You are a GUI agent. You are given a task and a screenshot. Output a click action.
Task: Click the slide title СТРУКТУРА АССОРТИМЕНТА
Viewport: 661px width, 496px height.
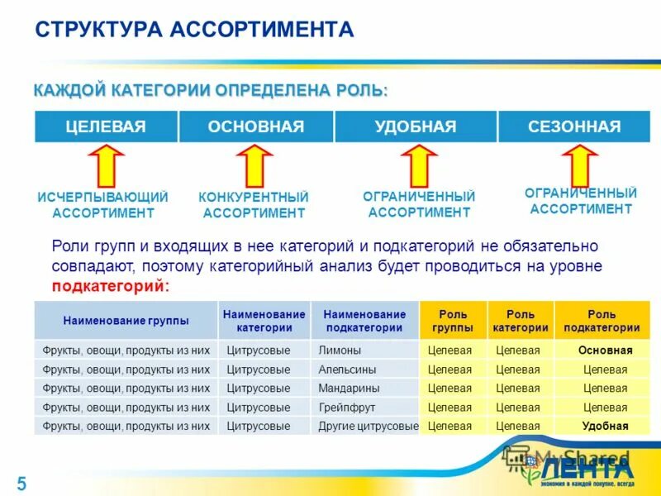click(194, 31)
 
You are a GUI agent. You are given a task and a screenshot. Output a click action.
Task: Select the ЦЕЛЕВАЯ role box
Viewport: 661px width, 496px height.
click(106, 126)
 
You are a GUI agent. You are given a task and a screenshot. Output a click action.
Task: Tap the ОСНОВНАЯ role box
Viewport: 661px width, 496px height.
click(256, 126)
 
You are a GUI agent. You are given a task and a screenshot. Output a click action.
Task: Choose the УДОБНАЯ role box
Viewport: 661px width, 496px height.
click(415, 126)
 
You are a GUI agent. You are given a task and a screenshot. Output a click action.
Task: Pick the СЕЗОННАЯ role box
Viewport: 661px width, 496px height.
click(574, 126)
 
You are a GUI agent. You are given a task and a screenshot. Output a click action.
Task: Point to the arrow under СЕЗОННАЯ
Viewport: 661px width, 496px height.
click(580, 164)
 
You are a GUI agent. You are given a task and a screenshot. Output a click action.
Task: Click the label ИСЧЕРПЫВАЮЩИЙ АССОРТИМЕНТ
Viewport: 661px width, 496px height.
click(103, 205)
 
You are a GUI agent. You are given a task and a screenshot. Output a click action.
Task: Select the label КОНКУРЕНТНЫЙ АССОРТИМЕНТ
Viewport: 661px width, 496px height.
click(254, 205)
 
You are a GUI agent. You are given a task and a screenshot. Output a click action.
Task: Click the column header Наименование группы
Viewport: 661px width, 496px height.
click(126, 320)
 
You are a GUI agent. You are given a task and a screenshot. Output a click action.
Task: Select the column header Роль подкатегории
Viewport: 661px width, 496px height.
click(602, 321)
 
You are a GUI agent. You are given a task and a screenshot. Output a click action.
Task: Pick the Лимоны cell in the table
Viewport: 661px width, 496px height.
click(340, 351)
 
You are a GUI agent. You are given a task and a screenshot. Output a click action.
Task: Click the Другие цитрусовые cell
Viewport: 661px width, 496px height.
click(369, 427)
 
